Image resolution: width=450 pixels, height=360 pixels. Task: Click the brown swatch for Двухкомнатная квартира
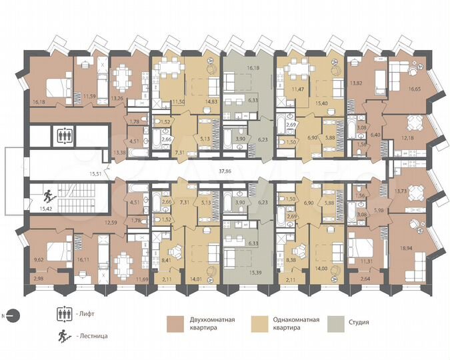point(175,323)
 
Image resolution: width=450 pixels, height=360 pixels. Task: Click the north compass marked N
point(13,315)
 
